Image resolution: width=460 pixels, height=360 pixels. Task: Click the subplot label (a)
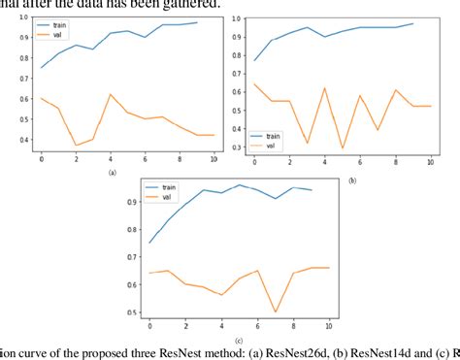112,171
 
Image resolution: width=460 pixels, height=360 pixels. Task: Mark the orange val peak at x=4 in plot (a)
111,94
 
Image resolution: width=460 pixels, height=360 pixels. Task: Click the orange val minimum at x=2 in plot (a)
76,146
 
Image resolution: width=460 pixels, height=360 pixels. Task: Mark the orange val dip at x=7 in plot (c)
276,311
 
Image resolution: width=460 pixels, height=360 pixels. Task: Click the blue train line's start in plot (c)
149,243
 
